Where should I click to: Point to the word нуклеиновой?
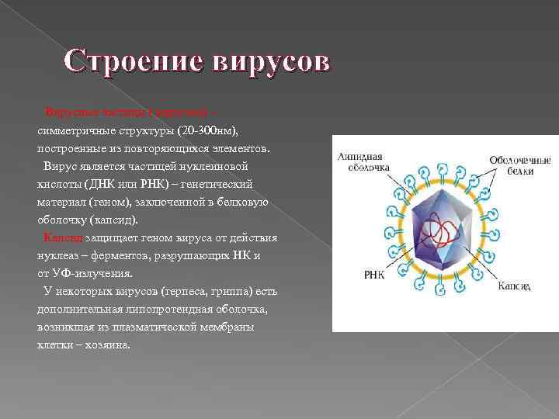(230, 165)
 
